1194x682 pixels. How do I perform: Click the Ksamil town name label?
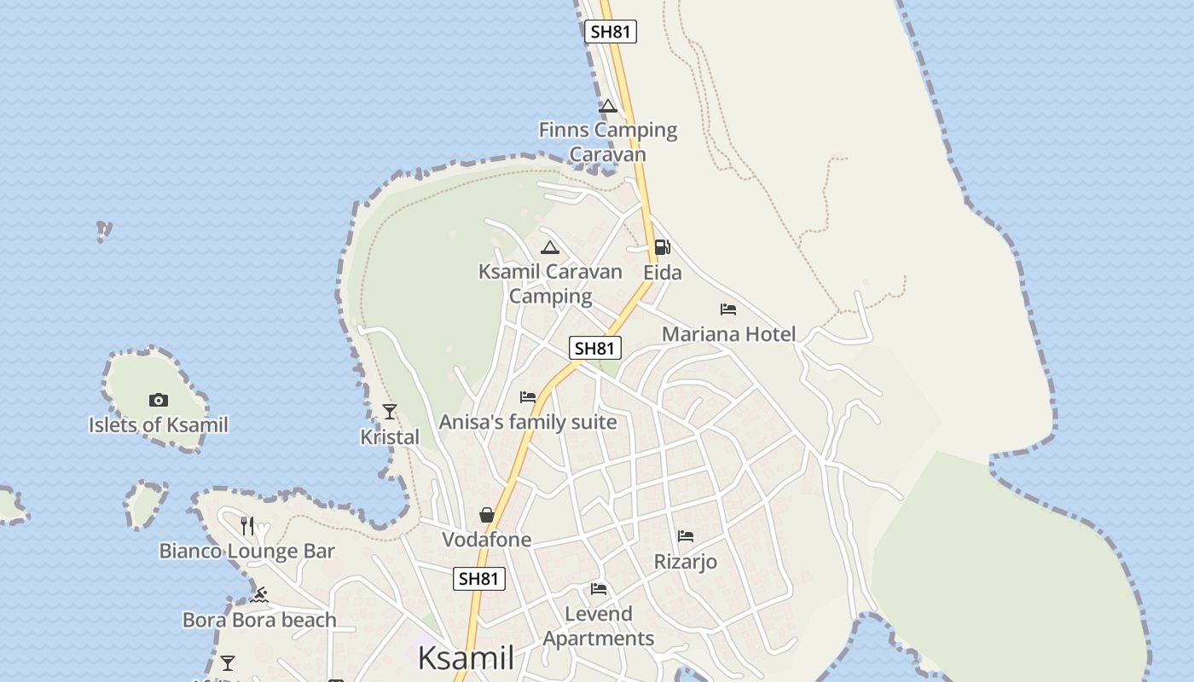[466, 658]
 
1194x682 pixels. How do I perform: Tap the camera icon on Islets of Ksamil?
[158, 400]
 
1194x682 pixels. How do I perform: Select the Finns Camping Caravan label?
[608, 142]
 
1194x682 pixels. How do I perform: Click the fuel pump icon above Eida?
[662, 248]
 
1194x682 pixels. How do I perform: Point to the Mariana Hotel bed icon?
[727, 309]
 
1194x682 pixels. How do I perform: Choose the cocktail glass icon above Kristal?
[390, 412]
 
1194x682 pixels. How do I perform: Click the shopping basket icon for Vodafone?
[487, 515]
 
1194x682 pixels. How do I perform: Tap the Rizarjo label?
[685, 562]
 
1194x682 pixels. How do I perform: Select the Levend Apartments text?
[599, 626]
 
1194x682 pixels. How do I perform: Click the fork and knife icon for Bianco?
[247, 525]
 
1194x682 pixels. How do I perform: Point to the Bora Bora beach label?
[259, 620]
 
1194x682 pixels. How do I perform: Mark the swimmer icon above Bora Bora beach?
[259, 594]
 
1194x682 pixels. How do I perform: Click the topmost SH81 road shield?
[611, 32]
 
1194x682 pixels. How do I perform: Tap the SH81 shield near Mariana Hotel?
[595, 348]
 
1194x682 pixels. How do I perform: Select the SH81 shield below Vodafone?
[478, 579]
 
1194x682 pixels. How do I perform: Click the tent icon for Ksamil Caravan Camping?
[550, 248]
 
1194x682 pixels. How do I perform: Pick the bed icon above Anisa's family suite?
[528, 397]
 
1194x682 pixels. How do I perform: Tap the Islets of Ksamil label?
[159, 425]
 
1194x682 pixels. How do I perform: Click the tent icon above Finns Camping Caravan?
[607, 107]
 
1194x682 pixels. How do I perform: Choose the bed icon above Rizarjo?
[686, 536]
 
